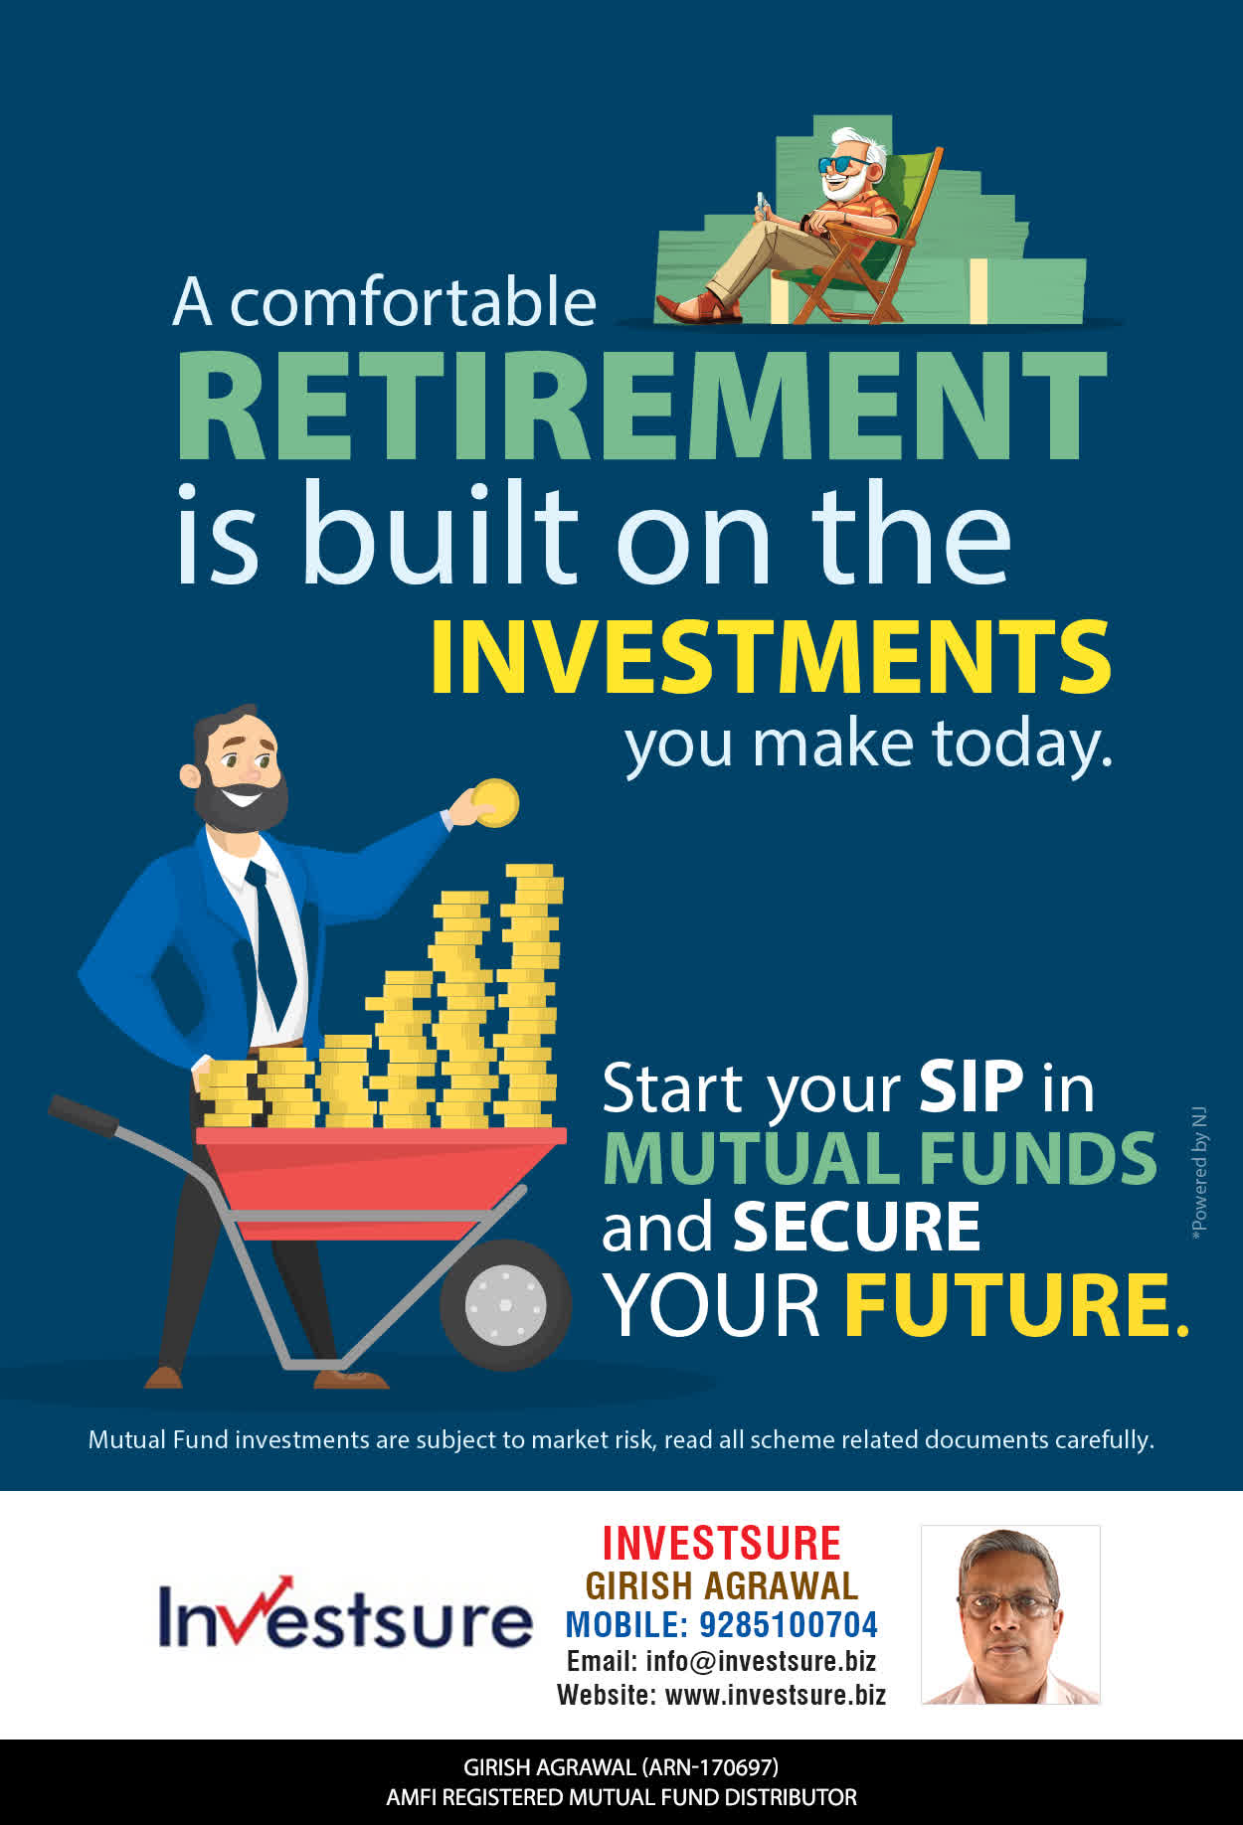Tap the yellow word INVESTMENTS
pos(771,657)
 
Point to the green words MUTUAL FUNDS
pos(879,1158)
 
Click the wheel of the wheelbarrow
pos(505,1304)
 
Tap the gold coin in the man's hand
pos(494,802)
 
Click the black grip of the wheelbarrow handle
pos(83,1114)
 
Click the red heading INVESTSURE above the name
pos(721,1544)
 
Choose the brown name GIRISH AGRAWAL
pos(721,1585)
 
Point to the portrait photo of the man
pos(1010,1615)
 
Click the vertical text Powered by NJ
pos(1199,1173)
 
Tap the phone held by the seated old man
pos(762,204)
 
